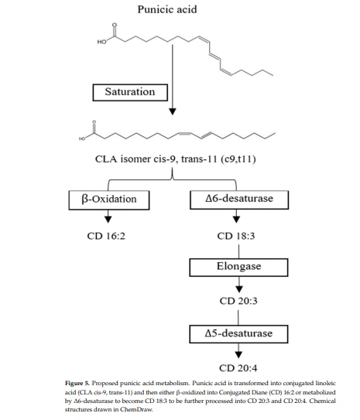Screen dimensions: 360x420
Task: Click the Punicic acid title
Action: [167, 9]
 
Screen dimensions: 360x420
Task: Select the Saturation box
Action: [130, 92]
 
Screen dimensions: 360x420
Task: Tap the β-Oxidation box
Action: [109, 200]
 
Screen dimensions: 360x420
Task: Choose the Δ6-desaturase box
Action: [239, 200]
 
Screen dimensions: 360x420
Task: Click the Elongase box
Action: [238, 268]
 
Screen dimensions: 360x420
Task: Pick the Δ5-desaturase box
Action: [238, 334]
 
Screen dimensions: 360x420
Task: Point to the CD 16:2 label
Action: [106, 236]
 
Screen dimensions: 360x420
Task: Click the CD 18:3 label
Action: [236, 236]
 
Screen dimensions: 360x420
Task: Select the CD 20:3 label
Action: [238, 301]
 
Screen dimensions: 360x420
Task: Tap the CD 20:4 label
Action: [238, 368]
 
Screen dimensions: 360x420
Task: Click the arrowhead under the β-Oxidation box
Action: [108, 220]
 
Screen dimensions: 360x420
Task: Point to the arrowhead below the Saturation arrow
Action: [173, 111]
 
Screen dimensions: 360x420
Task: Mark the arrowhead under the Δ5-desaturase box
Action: [238, 354]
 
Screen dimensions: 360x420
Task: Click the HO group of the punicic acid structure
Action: [101, 42]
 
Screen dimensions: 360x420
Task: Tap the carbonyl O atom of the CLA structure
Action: [94, 122]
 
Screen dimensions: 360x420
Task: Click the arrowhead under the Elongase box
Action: [239, 289]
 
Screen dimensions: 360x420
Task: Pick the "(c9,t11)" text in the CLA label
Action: [238, 159]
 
